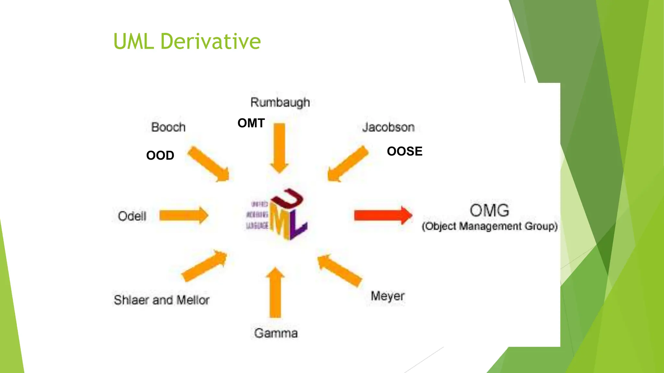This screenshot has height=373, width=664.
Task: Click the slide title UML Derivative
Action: click(x=187, y=41)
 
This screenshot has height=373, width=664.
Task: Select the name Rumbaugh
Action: click(x=280, y=103)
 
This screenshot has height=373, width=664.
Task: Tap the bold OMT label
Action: click(x=251, y=123)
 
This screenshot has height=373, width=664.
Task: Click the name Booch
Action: click(x=168, y=127)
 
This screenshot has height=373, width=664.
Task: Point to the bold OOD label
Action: click(x=160, y=155)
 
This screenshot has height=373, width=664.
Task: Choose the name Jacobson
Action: click(x=388, y=127)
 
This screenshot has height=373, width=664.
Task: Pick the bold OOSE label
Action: click(x=405, y=151)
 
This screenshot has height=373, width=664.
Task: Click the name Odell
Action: click(x=132, y=216)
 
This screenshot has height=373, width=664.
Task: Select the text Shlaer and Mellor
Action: click(x=161, y=300)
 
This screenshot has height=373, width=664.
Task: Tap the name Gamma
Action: click(x=276, y=333)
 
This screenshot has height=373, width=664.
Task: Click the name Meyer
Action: click(x=388, y=296)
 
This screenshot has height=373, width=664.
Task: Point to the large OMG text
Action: click(x=489, y=210)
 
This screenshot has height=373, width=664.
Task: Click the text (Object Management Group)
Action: click(x=490, y=226)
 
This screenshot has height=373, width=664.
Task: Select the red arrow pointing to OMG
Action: click(x=383, y=215)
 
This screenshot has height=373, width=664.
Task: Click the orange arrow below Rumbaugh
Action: click(x=279, y=147)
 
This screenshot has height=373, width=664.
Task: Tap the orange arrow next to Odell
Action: click(x=184, y=215)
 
